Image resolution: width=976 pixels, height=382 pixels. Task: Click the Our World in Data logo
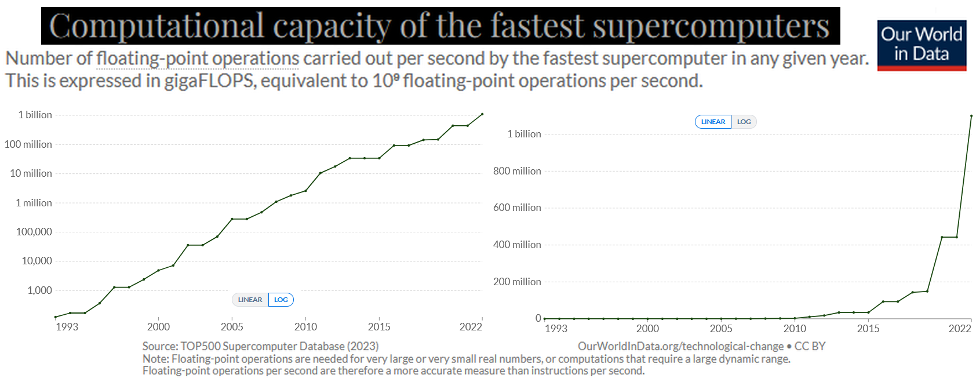pyautogui.click(x=922, y=45)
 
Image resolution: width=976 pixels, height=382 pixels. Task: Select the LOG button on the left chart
pyautogui.click(x=281, y=300)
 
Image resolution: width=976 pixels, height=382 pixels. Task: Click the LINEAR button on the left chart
pyautogui.click(x=250, y=300)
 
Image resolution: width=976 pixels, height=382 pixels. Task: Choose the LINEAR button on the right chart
pyautogui.click(x=713, y=122)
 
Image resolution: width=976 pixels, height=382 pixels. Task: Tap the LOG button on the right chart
pyautogui.click(x=744, y=122)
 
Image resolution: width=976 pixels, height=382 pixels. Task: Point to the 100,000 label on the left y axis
pyautogui.click(x=34, y=232)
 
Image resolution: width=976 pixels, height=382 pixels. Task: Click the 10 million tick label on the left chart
pyautogui.click(x=31, y=173)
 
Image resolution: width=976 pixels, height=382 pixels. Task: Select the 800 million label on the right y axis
pyautogui.click(x=517, y=171)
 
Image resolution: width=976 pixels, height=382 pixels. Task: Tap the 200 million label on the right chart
pyautogui.click(x=517, y=282)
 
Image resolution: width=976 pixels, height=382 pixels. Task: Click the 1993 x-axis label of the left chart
pyautogui.click(x=67, y=327)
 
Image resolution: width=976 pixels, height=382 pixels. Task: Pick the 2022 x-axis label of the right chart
pyautogui.click(x=959, y=329)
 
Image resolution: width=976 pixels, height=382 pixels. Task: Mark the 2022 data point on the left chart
pyautogui.click(x=482, y=114)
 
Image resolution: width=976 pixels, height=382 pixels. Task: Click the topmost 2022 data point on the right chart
pyautogui.click(x=971, y=116)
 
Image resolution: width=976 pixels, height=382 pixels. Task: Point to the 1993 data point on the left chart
pyautogui.click(x=55, y=317)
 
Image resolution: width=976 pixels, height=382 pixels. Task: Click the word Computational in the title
pyautogui.click(x=157, y=26)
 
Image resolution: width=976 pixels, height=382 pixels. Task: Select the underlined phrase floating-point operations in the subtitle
pyautogui.click(x=198, y=59)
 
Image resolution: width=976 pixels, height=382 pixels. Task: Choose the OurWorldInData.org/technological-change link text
pyautogui.click(x=680, y=346)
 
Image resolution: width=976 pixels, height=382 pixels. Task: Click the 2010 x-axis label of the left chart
pyautogui.click(x=305, y=327)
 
